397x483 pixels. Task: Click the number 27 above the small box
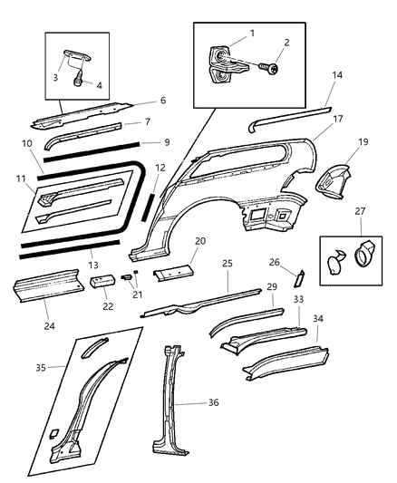[361, 211]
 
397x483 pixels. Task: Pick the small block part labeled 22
[102, 283]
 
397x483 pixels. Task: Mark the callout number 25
[228, 264]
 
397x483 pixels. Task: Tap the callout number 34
[317, 319]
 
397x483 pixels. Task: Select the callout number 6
[162, 101]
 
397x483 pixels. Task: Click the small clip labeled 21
[128, 278]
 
